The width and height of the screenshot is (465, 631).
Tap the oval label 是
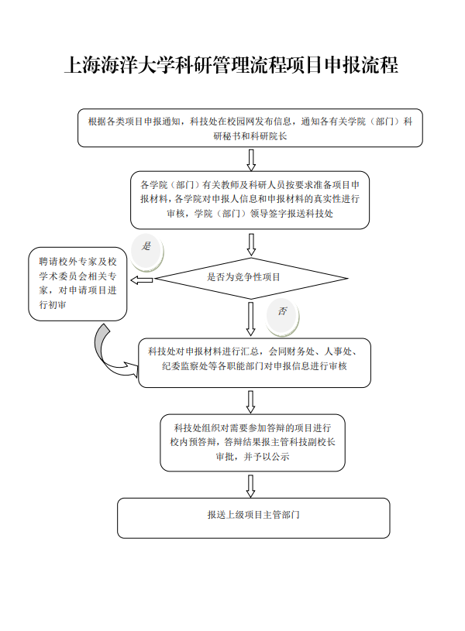coord(146,246)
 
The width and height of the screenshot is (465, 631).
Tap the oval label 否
coord(282,311)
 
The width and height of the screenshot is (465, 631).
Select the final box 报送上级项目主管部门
coord(253,517)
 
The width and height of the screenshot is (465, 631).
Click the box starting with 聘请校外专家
coord(78,284)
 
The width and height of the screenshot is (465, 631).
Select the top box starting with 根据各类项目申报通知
coord(250,128)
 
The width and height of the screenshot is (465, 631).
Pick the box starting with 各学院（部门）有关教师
coord(250,200)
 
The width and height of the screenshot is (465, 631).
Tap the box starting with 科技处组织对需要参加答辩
coord(253,443)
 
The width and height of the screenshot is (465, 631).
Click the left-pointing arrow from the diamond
coord(143,278)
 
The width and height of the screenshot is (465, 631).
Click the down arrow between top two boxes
coord(250,159)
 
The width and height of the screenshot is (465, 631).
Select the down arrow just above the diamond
coord(250,244)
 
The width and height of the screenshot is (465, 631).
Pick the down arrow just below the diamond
coord(250,318)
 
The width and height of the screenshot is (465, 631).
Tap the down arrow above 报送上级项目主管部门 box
coord(250,485)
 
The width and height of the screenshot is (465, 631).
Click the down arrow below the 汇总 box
coord(250,401)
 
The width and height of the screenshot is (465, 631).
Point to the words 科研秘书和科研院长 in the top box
coord(250,135)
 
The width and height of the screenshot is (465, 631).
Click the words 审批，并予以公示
coord(253,457)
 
